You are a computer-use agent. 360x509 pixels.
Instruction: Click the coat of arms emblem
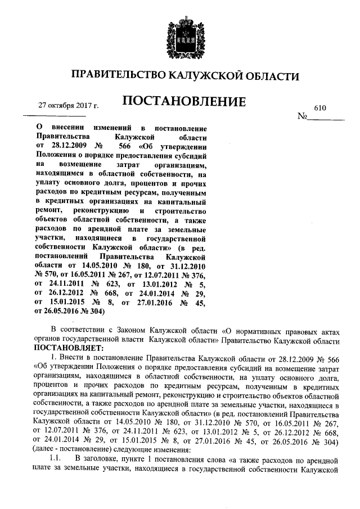[x=179, y=35]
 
